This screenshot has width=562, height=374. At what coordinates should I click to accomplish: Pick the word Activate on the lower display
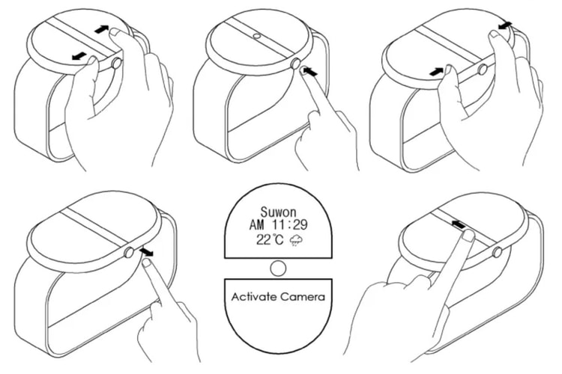coord(251,297)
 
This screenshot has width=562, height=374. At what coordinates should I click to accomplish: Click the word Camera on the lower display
coord(303,297)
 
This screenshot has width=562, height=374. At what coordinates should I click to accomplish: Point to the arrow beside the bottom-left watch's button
coord(148,253)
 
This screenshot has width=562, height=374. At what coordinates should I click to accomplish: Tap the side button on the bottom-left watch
coord(130,253)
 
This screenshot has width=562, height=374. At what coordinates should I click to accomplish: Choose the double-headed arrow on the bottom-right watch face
coord(459,223)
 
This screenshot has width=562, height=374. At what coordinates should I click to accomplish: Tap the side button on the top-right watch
coord(481,70)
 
